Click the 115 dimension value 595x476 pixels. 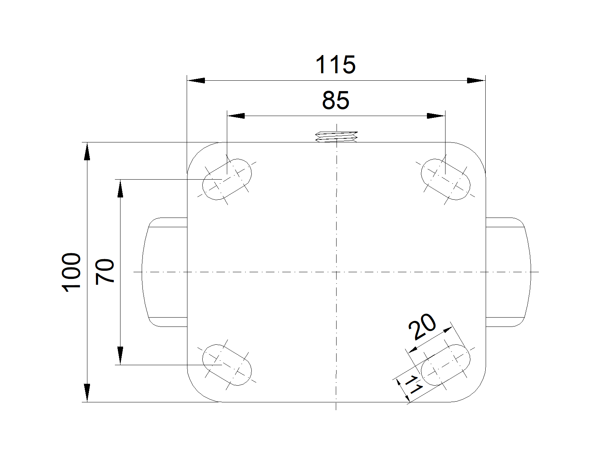(x=335, y=65)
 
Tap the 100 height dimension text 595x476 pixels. (x=72, y=272)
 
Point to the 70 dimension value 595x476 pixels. (x=104, y=272)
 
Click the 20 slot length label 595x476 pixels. (x=422, y=327)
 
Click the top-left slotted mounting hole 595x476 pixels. (x=227, y=179)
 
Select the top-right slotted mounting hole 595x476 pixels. (x=445, y=179)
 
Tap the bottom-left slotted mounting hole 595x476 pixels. (x=227, y=365)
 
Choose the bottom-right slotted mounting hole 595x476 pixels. (x=446, y=365)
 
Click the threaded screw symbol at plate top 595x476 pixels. (x=337, y=136)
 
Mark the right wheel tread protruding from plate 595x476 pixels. (x=508, y=272)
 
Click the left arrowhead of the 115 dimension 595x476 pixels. (x=196, y=80)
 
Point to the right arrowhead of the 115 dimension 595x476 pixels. (x=476, y=80)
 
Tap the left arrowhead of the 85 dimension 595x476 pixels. (x=236, y=116)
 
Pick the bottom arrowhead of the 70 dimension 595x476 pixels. (x=120, y=356)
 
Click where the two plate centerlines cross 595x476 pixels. (x=336, y=272)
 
